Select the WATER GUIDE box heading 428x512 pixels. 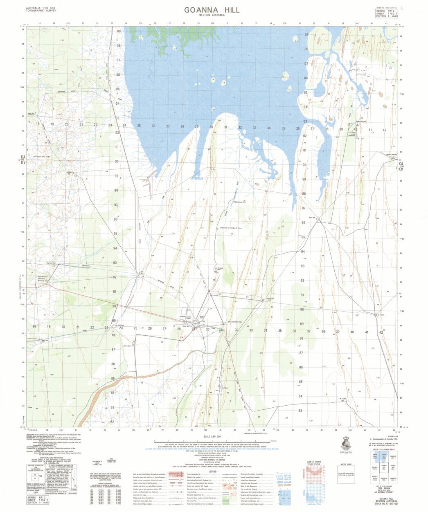(346, 465)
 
